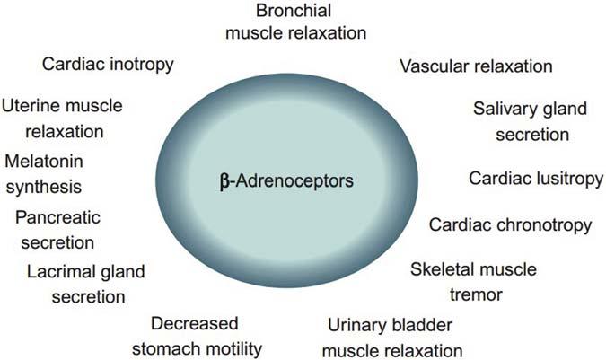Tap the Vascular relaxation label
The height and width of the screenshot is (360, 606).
pyautogui.click(x=476, y=66)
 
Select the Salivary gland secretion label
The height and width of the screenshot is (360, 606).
pyautogui.click(x=530, y=122)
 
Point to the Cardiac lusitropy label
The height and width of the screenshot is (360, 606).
pyautogui.click(x=536, y=179)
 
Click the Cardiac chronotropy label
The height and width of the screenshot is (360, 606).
pyautogui.click(x=510, y=224)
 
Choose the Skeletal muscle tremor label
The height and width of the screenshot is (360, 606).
pyautogui.click(x=473, y=282)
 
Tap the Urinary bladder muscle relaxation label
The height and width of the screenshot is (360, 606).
pyautogui.click(x=395, y=337)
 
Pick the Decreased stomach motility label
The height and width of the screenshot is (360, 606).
pyautogui.click(x=207, y=337)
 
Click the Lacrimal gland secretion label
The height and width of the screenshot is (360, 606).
pyautogui.click(x=86, y=283)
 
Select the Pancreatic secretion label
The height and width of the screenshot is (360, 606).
pyautogui.click(x=59, y=230)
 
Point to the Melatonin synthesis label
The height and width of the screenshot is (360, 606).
pyautogui.click(x=43, y=174)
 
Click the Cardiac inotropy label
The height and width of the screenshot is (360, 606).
pyautogui.click(x=108, y=65)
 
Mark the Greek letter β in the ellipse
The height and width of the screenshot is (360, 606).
pyautogui.click(x=225, y=181)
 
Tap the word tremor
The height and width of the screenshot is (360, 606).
pyautogui.click(x=473, y=294)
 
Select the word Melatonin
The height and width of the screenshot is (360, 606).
pyautogui.click(x=43, y=162)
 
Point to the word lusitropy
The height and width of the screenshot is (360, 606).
pyautogui.click(x=566, y=179)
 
